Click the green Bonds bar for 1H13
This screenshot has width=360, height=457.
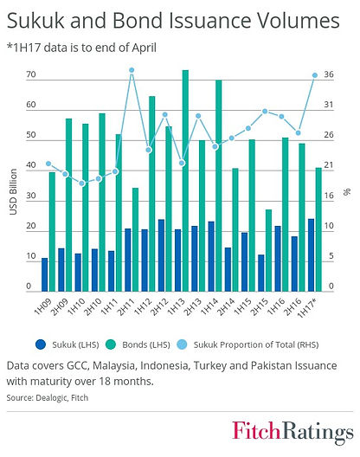185,181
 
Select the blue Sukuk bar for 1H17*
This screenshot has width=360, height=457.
311,255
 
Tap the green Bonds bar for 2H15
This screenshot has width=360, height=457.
269,250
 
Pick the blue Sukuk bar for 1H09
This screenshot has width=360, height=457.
45,274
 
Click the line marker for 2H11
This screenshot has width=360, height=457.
132,70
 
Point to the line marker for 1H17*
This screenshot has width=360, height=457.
315,75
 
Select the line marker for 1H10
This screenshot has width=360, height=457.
82,183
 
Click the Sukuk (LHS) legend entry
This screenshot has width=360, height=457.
67,344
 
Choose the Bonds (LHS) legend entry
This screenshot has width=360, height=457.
138,344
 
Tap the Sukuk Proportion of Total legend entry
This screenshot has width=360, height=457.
247,344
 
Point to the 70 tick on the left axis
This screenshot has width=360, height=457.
31,74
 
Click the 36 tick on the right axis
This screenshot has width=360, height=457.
329,74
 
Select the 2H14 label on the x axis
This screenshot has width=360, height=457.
226,307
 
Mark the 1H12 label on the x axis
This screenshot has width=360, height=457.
143,306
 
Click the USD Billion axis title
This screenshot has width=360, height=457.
13,192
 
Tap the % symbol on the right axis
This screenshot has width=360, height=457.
347,192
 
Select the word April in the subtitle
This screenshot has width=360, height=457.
144,48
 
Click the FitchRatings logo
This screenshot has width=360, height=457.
292,432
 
